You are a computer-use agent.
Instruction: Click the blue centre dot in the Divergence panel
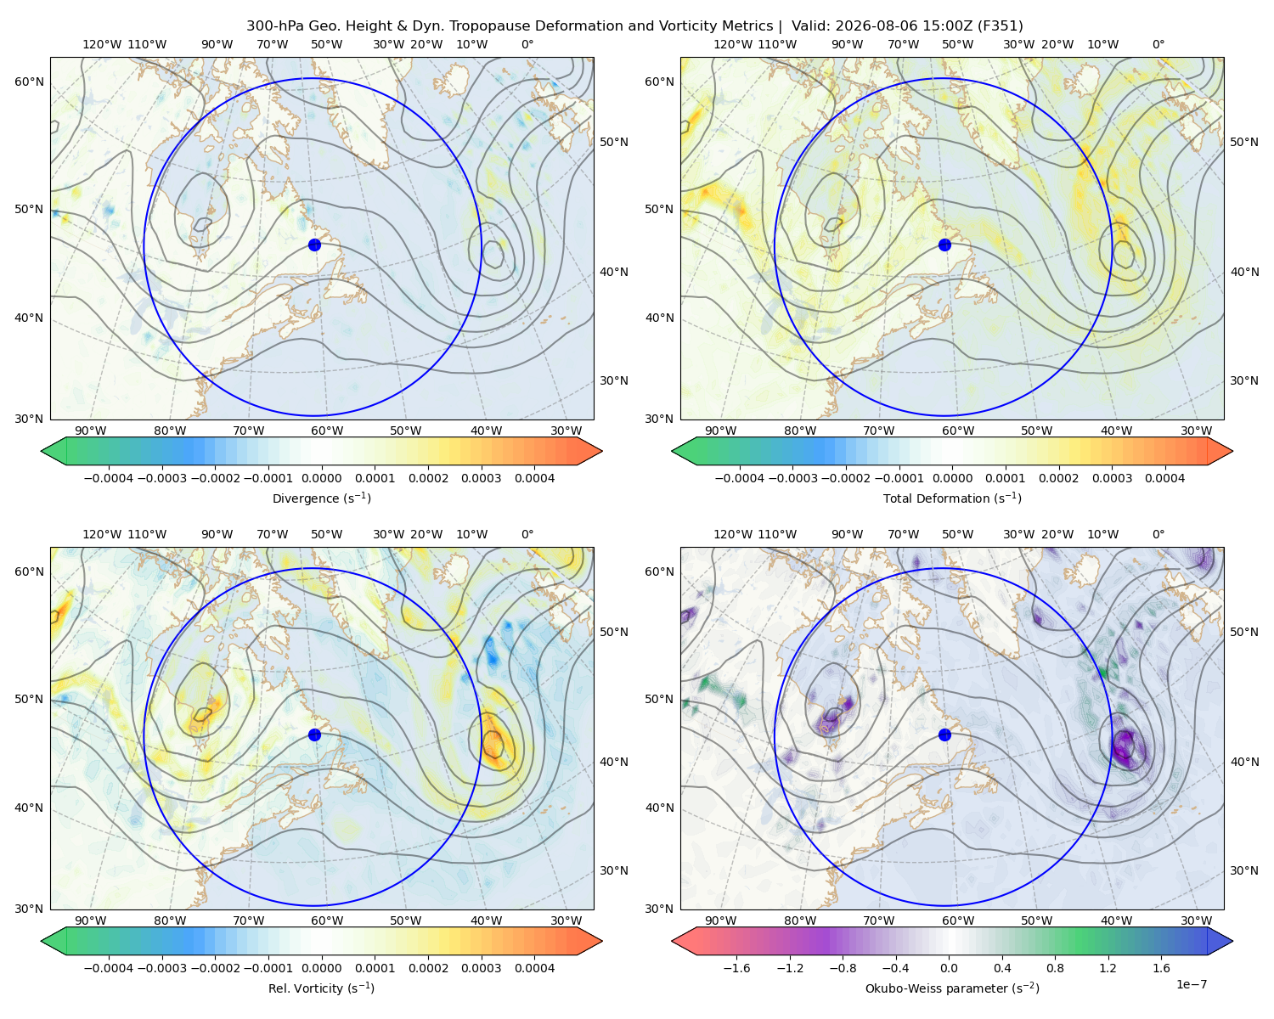click(x=314, y=245)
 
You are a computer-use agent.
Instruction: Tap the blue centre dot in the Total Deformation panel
click(x=944, y=245)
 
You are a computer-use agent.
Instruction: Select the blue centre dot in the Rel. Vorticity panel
click(x=314, y=735)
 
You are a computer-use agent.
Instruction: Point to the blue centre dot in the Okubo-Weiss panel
click(x=944, y=735)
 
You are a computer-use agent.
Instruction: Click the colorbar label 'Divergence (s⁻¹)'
click(x=321, y=498)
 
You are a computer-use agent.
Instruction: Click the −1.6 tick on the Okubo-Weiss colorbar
click(x=736, y=968)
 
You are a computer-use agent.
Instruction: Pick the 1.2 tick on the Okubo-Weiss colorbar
click(x=1108, y=968)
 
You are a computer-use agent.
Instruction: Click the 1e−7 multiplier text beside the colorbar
click(x=1191, y=984)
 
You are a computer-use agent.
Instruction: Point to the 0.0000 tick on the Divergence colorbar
click(x=321, y=478)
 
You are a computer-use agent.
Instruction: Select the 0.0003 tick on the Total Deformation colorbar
click(x=1112, y=478)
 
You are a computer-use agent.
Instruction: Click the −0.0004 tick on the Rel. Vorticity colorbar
click(x=109, y=968)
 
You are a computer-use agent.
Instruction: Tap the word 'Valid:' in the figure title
click(x=811, y=26)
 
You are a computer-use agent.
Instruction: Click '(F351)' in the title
click(x=1001, y=26)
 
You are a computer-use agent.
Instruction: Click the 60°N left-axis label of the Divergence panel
click(x=29, y=82)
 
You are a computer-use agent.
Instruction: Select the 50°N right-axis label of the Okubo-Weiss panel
click(x=1244, y=632)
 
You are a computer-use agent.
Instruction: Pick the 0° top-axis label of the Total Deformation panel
click(x=1158, y=44)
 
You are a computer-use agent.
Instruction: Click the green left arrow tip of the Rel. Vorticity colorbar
click(x=42, y=941)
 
